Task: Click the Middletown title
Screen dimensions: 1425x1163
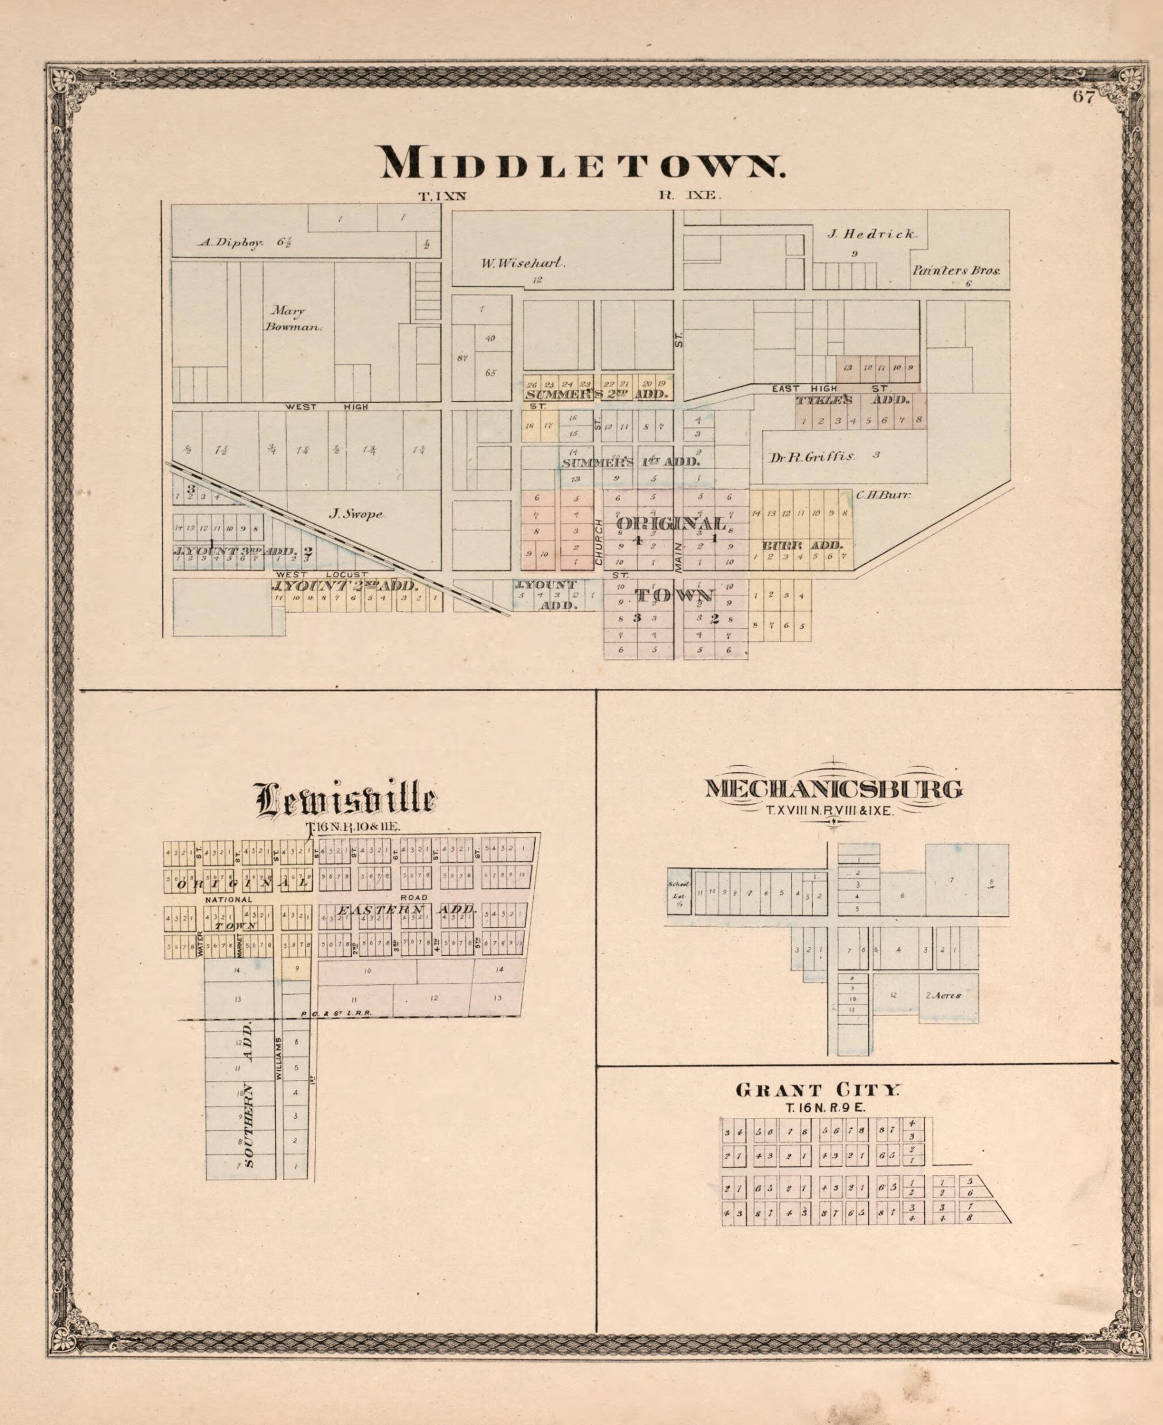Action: click(x=582, y=163)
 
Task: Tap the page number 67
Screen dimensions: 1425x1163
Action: click(x=1084, y=97)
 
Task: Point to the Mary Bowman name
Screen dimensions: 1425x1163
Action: click(x=295, y=319)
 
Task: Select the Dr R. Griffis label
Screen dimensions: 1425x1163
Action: click(x=812, y=456)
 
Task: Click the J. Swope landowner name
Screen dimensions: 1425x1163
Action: click(x=356, y=514)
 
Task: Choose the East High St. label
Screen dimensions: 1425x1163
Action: click(x=830, y=389)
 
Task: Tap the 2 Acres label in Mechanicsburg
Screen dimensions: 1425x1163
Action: click(x=943, y=995)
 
